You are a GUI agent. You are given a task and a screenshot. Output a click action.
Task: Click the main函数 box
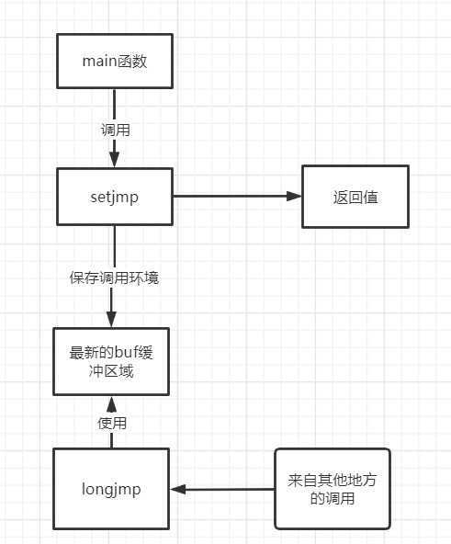tap(115, 61)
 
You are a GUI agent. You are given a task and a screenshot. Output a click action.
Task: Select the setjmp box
tap(115, 197)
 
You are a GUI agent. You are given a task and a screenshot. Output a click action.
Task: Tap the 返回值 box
tap(355, 197)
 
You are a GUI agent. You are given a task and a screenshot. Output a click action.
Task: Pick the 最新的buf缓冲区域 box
tap(111, 361)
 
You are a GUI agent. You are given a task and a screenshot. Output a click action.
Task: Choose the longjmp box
tap(111, 489)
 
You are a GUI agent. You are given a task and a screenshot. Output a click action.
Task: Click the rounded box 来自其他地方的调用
tap(333, 489)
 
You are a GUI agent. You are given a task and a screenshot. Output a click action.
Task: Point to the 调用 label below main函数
tap(115, 130)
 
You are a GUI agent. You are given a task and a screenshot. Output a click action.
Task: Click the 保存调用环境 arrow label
tap(114, 278)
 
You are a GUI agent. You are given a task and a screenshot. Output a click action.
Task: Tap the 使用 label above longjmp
tap(112, 424)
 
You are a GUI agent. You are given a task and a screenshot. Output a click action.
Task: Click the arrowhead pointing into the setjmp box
tap(115, 160)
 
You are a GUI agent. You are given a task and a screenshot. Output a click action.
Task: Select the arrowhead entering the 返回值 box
tap(294, 196)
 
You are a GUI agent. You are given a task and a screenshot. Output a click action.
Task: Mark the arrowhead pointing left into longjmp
tap(178, 489)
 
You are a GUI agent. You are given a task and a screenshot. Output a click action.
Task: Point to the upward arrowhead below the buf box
tap(111, 404)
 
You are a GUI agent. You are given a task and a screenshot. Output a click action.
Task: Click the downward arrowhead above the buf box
tap(111, 319)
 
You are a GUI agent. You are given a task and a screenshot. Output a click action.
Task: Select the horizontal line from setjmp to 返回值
tap(237, 196)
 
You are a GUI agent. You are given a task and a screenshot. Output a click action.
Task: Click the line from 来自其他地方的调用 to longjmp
tap(222, 489)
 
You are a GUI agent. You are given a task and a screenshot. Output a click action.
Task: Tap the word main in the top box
tap(99, 62)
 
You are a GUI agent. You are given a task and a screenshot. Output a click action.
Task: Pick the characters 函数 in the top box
tap(132, 62)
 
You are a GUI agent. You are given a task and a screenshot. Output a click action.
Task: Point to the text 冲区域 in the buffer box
tap(111, 371)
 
